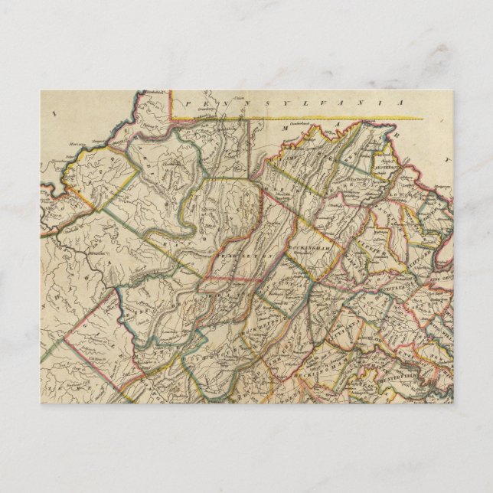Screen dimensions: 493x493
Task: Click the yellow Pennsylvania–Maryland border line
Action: click(344, 119)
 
